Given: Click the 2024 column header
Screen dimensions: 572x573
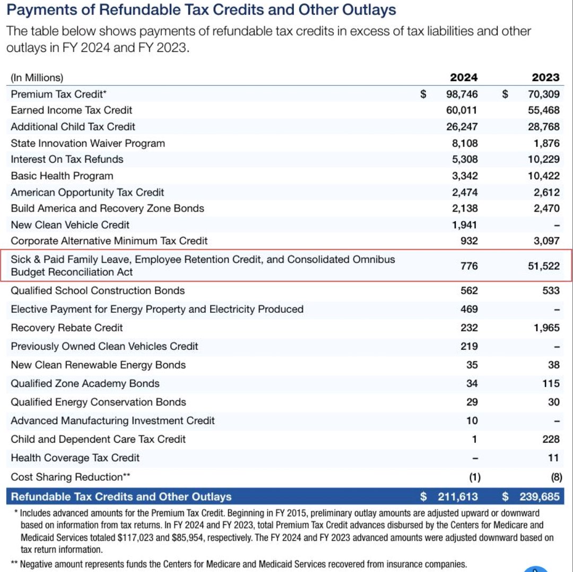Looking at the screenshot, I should tap(463, 77).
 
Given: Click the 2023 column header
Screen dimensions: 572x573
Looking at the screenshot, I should tap(545, 77).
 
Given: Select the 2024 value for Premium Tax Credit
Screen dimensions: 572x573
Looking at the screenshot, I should tap(462, 94).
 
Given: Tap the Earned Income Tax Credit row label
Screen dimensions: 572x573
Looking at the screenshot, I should tap(72, 110).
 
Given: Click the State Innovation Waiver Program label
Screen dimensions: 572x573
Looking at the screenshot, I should tap(88, 143).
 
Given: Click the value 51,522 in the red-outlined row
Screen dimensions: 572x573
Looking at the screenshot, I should tap(543, 266).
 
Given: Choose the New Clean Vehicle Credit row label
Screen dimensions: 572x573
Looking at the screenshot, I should tap(70, 225).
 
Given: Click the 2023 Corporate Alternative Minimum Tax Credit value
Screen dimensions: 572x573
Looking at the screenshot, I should tap(546, 241).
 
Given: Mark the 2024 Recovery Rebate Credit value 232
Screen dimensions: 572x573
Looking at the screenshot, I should tap(469, 328).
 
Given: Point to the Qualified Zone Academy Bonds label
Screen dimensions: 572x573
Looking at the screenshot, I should tap(85, 383).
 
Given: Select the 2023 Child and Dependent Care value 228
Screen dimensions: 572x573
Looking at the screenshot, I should tap(551, 439).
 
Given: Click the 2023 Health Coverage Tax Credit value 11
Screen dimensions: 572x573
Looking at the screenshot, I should tap(554, 457).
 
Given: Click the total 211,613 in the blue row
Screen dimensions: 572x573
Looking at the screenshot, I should tap(457, 497).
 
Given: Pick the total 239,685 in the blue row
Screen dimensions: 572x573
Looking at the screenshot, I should tap(539, 497).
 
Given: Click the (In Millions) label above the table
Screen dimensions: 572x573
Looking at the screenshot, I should tap(37, 77).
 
